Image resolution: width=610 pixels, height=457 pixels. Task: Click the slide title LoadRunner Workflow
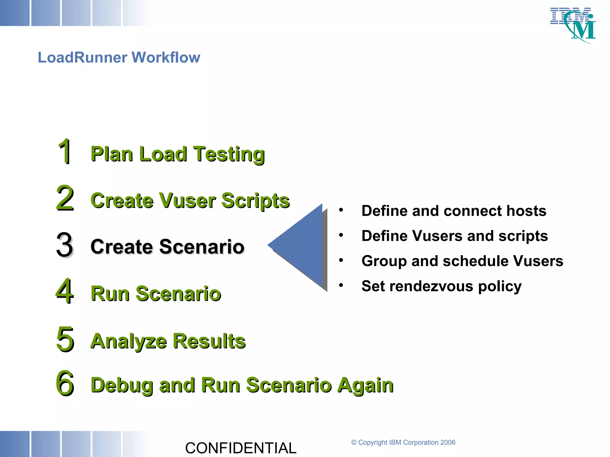[119, 57]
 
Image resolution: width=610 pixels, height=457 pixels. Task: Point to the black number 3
[64, 245]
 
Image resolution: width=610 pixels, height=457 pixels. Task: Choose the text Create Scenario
[167, 247]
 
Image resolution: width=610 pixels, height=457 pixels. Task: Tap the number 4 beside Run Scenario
[64, 291]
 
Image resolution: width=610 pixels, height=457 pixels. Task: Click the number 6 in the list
[65, 383]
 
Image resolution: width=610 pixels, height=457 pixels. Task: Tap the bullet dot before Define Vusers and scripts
[341, 235]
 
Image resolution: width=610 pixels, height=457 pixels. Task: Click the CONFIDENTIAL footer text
[241, 448]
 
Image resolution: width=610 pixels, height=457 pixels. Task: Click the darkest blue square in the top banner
[14, 13]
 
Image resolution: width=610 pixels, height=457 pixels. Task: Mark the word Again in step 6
[365, 385]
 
